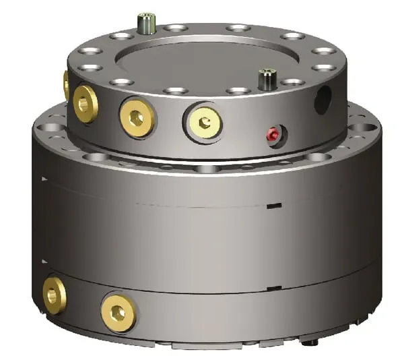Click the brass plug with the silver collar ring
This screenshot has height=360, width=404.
(202, 122)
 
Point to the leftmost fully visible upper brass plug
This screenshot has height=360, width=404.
(86, 103)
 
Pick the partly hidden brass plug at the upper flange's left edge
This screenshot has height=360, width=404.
(67, 86)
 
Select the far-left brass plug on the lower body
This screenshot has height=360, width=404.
(54, 295)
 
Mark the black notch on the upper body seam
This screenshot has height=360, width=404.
(273, 204)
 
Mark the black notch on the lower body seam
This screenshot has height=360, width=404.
(272, 288)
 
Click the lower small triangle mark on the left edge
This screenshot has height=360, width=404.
(44, 260)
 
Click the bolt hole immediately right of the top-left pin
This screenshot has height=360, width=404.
(175, 28)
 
